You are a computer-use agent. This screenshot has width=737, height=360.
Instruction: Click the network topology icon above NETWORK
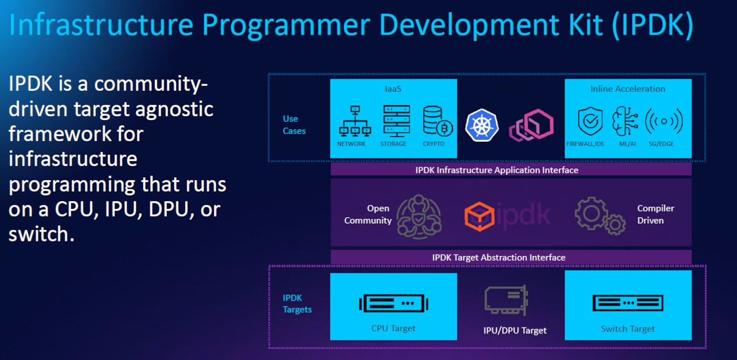tap(355, 121)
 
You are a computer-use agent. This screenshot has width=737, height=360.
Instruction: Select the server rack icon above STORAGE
tap(396, 120)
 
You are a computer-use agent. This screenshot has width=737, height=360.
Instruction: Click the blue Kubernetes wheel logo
tap(482, 125)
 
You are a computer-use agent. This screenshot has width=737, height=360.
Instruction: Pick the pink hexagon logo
tap(531, 125)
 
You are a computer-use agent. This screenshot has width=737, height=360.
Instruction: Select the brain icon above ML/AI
tap(626, 121)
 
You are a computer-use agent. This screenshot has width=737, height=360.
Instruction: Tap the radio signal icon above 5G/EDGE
tap(664, 121)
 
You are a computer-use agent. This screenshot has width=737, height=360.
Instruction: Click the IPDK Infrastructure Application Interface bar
tap(497, 170)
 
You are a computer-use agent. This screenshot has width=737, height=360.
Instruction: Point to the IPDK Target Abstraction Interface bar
tap(499, 258)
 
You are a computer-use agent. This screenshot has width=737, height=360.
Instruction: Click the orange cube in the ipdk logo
tap(479, 215)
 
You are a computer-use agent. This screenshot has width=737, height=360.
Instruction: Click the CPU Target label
tap(393, 328)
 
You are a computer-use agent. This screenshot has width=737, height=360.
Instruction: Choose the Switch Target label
tap(628, 329)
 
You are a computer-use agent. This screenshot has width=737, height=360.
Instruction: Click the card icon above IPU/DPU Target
tap(505, 301)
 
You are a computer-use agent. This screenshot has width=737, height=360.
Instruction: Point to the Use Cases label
tap(294, 125)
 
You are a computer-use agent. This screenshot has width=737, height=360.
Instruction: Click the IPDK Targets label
tap(297, 304)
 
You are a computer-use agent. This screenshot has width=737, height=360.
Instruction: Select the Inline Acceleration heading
tap(628, 89)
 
